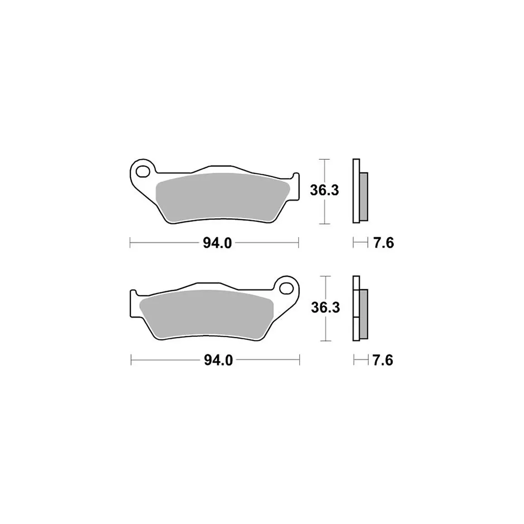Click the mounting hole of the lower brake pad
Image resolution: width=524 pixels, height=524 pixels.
tap(286, 287)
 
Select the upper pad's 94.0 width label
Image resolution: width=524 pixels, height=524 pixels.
tap(217, 243)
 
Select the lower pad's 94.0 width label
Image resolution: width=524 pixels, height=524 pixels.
tap(218, 360)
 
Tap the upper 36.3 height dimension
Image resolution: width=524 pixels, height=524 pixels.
tap(324, 191)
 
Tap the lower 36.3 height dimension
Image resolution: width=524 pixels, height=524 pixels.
tap(325, 308)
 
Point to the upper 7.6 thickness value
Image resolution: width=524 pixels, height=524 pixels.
tap(383, 243)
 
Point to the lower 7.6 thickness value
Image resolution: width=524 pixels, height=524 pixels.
tap(382, 360)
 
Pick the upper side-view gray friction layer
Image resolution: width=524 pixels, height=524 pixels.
tap(364, 197)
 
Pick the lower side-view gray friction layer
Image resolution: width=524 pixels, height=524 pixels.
tap(364, 314)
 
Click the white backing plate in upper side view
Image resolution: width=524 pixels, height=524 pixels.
tap(356, 191)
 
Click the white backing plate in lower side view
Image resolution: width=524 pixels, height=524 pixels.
tap(356, 308)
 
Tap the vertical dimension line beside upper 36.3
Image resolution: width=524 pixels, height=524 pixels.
tap(324, 213)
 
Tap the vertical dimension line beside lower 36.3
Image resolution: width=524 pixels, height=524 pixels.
tap(325, 330)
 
